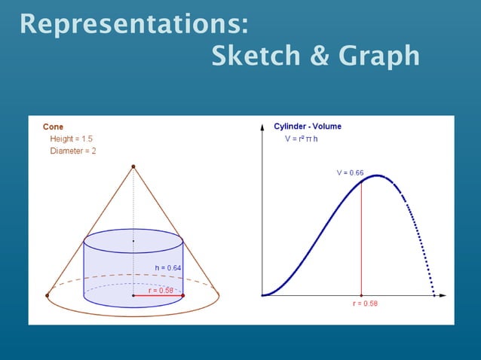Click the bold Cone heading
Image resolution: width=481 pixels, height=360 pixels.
[53, 127]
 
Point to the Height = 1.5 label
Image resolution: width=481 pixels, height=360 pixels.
[72, 139]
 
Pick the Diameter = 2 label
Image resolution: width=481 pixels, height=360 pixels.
[73, 151]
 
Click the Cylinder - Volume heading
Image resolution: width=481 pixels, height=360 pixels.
[307, 127]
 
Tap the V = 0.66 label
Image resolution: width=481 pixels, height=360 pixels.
[350, 172]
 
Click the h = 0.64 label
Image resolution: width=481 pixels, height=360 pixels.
[168, 267]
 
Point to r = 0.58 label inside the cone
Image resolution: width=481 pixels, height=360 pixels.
[161, 290]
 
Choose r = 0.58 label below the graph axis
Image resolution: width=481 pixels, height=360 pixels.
[366, 304]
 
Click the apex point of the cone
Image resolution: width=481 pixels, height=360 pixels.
[133, 166]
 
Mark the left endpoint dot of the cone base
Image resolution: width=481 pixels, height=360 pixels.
[47, 296]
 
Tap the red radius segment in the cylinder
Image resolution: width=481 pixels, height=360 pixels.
[158, 296]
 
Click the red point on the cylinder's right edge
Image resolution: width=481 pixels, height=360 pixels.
[183, 296]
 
